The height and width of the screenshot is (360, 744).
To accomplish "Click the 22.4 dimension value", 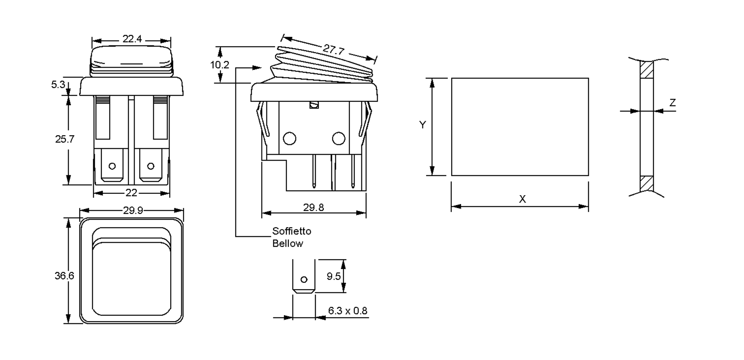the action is pos(132,39).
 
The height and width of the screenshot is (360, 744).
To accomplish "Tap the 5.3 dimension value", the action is pos(58,85).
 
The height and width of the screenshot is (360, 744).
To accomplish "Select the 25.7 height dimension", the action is pos(65,139).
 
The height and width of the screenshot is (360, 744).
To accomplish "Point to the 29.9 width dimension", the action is pos(133,211).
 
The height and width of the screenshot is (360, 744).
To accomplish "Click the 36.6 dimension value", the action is pos(64,276).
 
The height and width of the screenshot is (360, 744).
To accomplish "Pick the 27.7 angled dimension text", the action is pos(334,49).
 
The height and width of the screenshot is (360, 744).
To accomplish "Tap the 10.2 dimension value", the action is pos(220,65).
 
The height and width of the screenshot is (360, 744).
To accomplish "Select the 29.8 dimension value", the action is pos(313,208).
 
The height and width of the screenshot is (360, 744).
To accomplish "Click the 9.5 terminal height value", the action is pos(334,276).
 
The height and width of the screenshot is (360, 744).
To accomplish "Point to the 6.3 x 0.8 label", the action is pos(348,311).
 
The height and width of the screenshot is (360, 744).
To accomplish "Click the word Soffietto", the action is pos(292,231).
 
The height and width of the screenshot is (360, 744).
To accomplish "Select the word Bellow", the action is pos(288,244).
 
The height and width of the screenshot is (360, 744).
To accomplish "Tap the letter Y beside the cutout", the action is pos(423,125).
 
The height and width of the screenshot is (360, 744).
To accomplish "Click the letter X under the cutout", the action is pos(522,199).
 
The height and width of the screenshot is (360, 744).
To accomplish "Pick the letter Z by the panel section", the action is pos(672,103).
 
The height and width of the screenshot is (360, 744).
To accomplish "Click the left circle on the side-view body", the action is pos(290,138).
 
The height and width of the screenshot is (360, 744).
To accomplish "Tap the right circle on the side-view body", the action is pos(339,138).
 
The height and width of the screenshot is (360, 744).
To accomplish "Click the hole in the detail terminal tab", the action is pos(304,280).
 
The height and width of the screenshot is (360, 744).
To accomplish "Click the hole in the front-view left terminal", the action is pos(112,166).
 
